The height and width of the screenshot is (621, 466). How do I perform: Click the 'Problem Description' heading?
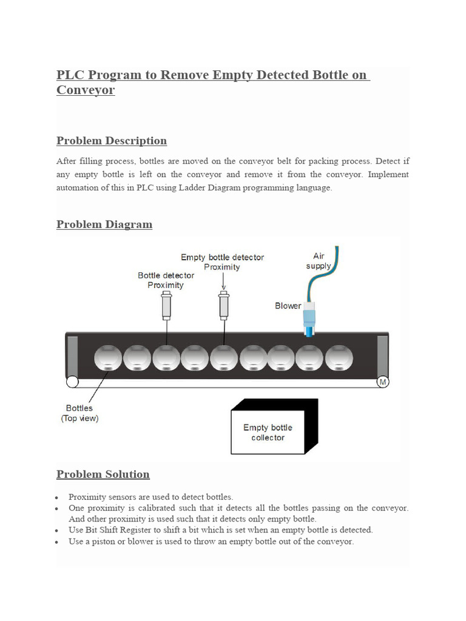(x=111, y=141)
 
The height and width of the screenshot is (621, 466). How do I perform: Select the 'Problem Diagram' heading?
(x=104, y=224)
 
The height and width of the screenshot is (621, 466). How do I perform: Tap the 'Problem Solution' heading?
(x=103, y=474)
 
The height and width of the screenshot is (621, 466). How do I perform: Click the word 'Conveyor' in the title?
(x=85, y=90)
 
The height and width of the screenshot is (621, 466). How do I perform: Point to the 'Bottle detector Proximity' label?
(x=165, y=280)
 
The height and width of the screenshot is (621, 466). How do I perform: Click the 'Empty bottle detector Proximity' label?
(x=222, y=262)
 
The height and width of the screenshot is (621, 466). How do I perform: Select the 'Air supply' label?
(x=319, y=261)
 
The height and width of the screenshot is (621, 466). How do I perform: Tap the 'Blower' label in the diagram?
(x=288, y=306)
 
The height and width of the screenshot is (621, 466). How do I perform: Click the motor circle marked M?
(x=382, y=382)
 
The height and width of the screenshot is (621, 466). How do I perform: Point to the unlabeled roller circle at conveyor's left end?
(x=72, y=382)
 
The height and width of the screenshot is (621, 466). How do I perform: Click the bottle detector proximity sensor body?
(x=166, y=306)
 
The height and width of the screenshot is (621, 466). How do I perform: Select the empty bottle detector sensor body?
(x=223, y=306)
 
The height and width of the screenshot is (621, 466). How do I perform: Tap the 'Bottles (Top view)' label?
(x=79, y=413)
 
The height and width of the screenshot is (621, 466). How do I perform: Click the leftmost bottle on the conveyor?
(x=108, y=358)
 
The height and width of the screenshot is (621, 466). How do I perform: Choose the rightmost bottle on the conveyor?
(x=339, y=358)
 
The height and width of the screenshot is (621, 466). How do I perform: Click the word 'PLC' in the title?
(x=70, y=75)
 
